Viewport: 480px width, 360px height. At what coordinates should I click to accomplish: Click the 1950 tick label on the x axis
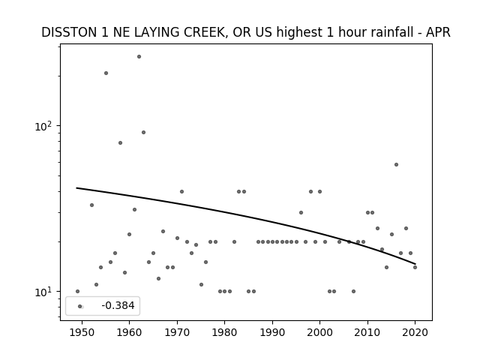[82, 332]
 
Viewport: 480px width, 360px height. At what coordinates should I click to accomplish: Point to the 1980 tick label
[224, 332]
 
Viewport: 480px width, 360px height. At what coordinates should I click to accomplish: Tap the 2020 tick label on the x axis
[415, 332]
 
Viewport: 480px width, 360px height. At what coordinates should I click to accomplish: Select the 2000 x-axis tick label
[320, 332]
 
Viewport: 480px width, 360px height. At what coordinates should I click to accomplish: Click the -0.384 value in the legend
[118, 305]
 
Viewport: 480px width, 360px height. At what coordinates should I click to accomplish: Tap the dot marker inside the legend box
[80, 306]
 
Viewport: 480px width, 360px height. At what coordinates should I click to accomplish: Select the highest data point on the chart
[139, 57]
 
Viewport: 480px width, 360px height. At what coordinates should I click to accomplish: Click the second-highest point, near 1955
[106, 73]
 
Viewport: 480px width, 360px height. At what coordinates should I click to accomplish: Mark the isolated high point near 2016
[396, 165]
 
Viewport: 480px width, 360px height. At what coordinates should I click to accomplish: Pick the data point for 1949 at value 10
[77, 292]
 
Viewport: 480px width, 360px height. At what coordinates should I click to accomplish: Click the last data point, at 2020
[415, 267]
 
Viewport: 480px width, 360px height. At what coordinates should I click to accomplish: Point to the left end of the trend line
[76, 187]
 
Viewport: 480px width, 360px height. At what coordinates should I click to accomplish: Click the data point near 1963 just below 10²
[143, 132]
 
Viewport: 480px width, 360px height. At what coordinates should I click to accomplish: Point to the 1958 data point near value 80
[120, 143]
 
